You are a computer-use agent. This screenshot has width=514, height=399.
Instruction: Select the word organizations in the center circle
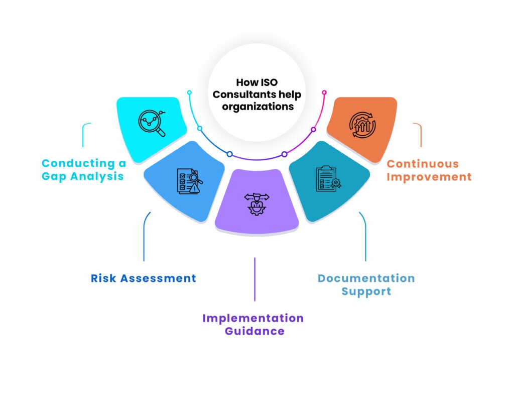[x=258, y=106]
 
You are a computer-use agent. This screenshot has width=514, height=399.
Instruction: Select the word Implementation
[x=253, y=318]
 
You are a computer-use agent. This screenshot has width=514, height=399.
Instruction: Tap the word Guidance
[x=254, y=331]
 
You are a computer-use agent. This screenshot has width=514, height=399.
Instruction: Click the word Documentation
[x=366, y=278]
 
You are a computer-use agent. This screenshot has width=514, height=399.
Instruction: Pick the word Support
[x=366, y=291]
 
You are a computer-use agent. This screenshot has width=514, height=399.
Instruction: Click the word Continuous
[x=423, y=164]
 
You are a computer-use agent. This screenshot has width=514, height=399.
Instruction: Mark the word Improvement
[x=429, y=177]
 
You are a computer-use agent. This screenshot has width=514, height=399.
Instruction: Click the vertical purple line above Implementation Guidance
[x=255, y=279]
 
